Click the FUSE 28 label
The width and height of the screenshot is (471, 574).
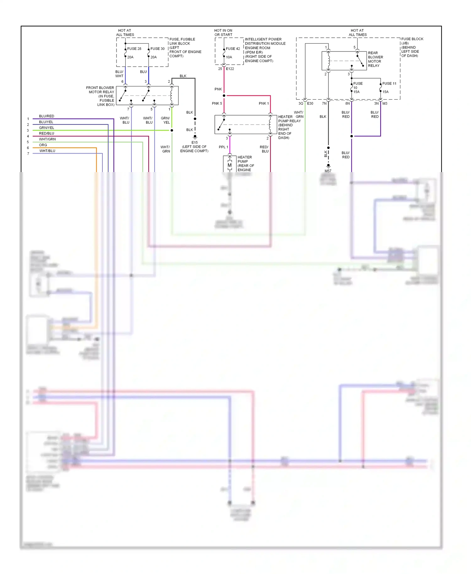(134, 49)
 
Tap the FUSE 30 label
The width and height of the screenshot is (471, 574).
(157, 49)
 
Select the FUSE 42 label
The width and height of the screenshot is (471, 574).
(233, 49)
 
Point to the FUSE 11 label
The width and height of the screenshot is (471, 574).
(389, 84)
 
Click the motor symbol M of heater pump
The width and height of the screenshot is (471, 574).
(230, 165)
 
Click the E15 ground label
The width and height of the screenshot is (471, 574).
(194, 142)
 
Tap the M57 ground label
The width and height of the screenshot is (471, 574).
(328, 171)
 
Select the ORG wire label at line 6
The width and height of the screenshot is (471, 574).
(43, 145)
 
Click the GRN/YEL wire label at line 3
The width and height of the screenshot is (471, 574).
(46, 128)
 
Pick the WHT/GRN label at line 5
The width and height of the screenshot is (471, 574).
(47, 139)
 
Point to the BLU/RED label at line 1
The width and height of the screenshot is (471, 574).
(46, 116)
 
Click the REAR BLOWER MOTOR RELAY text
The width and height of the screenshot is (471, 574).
(375, 59)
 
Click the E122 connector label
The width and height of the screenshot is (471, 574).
(230, 69)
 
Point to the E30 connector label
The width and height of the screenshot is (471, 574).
(310, 103)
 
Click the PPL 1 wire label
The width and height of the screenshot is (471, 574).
(223, 147)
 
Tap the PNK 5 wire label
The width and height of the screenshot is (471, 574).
(217, 103)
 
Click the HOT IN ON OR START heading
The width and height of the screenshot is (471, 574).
(223, 33)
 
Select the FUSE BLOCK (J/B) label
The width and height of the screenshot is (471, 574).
(412, 41)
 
